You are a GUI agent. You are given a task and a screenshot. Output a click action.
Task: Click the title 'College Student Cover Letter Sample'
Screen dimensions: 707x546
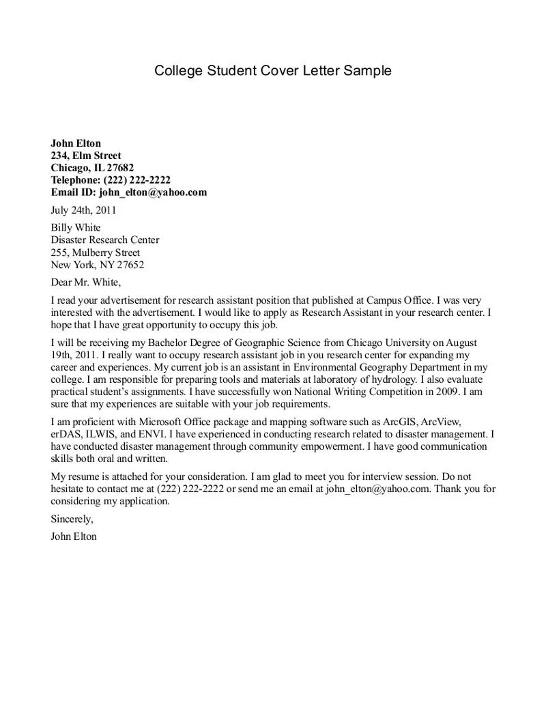273,70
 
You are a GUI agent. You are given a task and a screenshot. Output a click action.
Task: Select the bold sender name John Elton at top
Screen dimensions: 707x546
76,143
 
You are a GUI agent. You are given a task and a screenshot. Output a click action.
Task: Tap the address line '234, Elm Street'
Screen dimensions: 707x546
86,156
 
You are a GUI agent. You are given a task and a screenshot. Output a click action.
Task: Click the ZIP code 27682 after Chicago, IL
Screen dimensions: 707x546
120,168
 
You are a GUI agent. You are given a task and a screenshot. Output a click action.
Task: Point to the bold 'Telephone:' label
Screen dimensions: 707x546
76,180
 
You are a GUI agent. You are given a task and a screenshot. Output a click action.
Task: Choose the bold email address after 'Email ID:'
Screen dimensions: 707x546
152,192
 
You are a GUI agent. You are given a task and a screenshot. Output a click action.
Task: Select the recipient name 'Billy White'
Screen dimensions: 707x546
76,228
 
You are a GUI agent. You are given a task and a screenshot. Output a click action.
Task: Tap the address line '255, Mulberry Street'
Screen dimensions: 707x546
96,252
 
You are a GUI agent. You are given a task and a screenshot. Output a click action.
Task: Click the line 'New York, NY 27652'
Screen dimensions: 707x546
98,265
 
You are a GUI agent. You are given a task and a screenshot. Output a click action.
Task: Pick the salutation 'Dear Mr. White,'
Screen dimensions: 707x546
86,282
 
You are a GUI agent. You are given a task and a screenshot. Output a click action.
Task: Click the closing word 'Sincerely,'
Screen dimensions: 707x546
72,519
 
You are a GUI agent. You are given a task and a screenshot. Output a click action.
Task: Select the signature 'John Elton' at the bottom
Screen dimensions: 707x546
74,536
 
